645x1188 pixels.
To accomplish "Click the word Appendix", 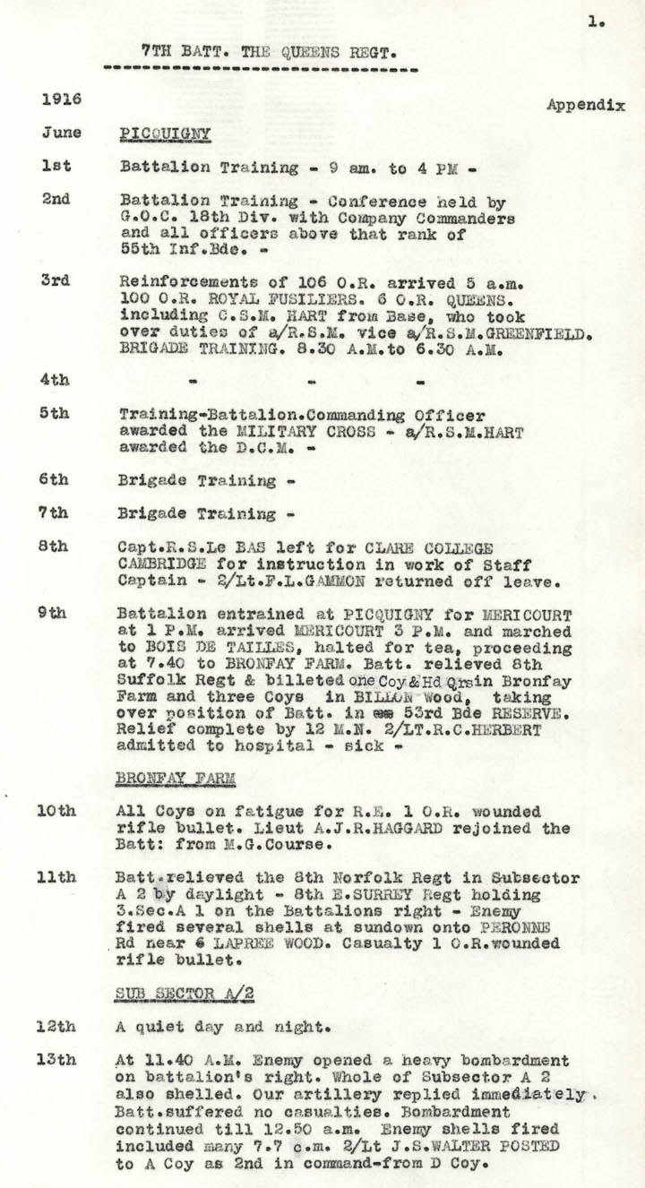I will pos(585,105).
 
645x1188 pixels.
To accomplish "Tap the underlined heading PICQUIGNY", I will pos(165,134).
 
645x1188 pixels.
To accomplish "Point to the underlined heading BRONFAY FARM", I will pos(175,779).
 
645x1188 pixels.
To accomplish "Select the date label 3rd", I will pos(56,280).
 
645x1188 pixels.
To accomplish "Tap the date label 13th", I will pos(56,1060).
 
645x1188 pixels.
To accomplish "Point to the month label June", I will pos(60,133).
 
